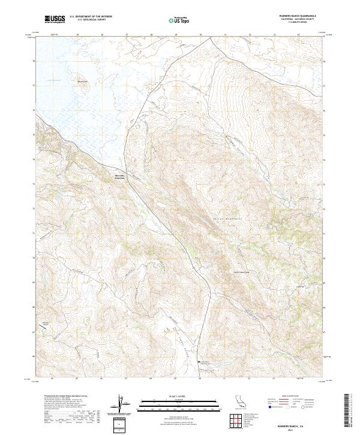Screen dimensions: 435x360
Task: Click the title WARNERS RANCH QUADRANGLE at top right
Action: tap(295, 16)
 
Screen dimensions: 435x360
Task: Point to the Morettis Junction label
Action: tap(122, 176)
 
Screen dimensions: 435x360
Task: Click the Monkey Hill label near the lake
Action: tap(83, 82)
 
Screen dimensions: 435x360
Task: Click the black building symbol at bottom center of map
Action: tap(200, 362)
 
